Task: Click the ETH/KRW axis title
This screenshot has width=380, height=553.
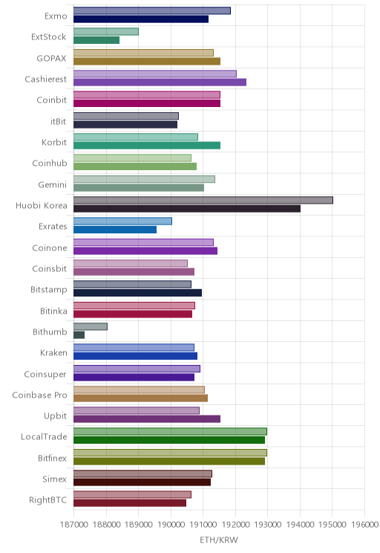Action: point(219,540)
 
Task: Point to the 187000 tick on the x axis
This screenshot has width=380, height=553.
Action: point(73,524)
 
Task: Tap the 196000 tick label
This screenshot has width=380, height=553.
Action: point(364,524)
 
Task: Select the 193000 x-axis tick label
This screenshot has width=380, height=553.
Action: point(267,524)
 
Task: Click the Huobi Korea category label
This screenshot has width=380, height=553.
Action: point(42,205)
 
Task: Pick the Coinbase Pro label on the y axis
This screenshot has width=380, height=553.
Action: point(39,395)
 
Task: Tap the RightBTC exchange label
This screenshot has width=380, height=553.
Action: point(48,499)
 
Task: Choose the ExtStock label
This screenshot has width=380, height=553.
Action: point(48,36)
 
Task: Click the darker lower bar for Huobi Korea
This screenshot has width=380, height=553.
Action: point(187,209)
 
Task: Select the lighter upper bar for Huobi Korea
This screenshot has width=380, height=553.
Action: point(203,201)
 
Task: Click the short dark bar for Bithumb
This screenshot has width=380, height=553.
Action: point(79,335)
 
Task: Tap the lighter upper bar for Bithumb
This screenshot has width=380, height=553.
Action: point(91,326)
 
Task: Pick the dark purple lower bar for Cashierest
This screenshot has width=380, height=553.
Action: point(160,83)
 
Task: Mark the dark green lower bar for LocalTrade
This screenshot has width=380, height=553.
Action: point(169,440)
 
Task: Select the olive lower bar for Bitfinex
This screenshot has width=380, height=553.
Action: point(169,462)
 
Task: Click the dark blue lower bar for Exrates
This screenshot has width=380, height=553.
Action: point(115,230)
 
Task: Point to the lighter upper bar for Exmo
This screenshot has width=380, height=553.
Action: point(152,10)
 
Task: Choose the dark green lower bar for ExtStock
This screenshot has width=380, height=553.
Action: point(96,40)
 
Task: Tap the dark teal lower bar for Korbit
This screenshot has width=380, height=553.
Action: point(147,146)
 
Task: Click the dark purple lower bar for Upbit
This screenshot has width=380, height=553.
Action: point(147,419)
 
